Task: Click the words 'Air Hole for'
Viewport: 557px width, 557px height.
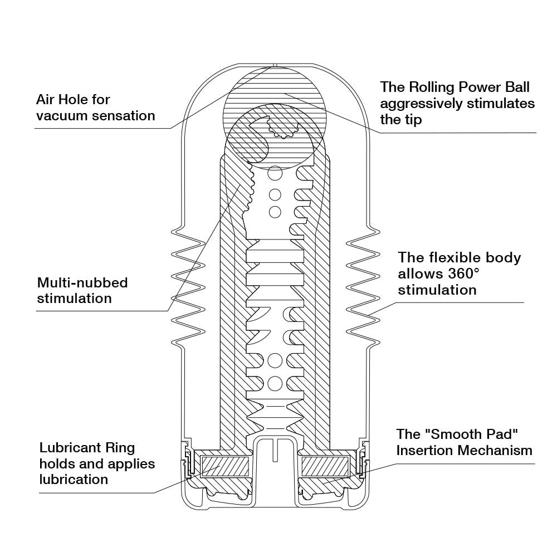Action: (73, 100)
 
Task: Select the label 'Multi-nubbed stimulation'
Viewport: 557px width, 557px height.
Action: (82, 290)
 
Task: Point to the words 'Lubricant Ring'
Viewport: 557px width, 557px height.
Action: (87, 448)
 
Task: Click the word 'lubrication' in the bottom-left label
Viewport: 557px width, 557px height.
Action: (74, 480)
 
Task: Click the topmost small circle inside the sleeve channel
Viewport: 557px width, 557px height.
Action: (274, 174)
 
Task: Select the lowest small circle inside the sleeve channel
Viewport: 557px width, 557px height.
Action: (275, 383)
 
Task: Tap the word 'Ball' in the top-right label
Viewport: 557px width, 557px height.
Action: (516, 87)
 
